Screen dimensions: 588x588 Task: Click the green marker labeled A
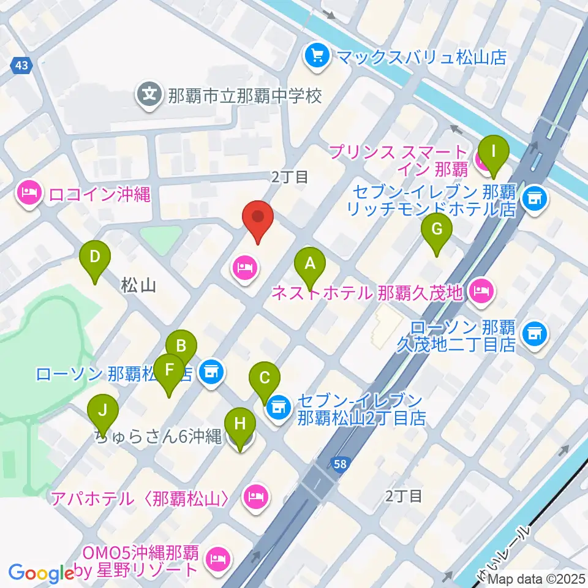(x=310, y=265)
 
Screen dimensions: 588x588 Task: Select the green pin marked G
(x=437, y=230)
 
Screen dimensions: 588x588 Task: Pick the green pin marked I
(x=494, y=151)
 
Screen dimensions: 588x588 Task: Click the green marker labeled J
(x=102, y=409)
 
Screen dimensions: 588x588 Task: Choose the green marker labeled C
(x=265, y=377)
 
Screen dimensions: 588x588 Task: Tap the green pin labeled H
(x=240, y=424)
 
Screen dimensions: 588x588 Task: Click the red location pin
(x=258, y=217)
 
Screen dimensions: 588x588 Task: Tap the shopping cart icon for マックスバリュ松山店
(x=317, y=57)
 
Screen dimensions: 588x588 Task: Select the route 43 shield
(x=21, y=65)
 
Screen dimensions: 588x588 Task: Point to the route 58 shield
(x=341, y=464)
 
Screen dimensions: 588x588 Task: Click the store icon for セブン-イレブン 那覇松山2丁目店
(x=280, y=406)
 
